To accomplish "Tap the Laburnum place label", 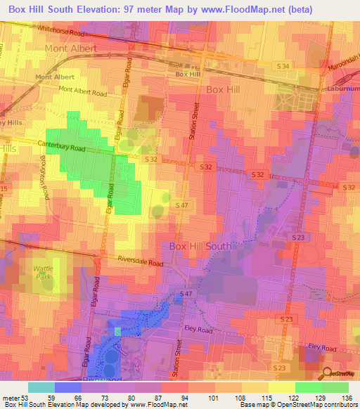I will [x=343, y=89].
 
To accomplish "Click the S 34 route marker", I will [x=283, y=65].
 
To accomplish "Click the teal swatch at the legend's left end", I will [x=41, y=387].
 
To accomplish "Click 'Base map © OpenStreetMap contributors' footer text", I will [x=298, y=405].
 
